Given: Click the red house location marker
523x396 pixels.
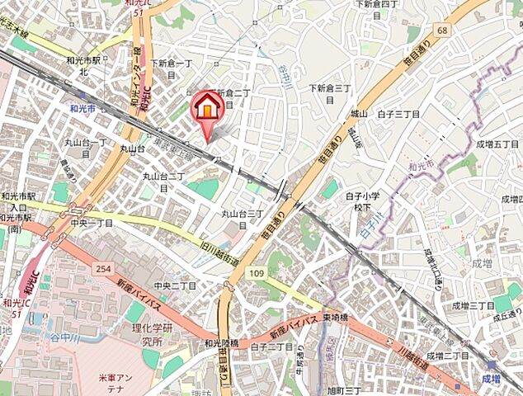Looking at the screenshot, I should [208, 107].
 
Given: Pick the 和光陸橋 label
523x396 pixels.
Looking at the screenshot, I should [222, 343].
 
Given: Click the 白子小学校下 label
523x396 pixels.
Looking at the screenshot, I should [362, 201].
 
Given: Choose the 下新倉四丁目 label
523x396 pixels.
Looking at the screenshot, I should [376, 7].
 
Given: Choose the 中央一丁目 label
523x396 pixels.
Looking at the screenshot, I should [92, 222].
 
